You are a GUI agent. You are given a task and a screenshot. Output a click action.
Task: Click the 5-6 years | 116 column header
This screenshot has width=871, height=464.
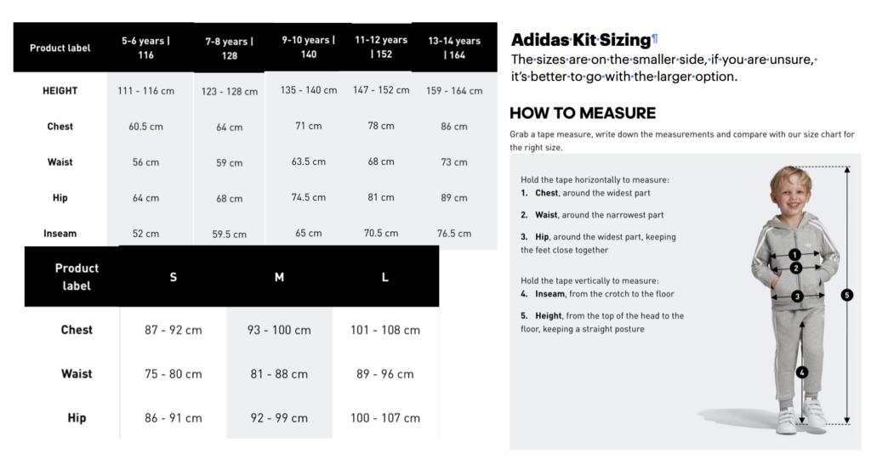(x=145, y=48)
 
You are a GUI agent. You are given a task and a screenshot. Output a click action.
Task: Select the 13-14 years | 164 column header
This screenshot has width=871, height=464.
(x=454, y=48)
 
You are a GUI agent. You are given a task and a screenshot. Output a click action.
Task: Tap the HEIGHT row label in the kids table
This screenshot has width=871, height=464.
(x=60, y=91)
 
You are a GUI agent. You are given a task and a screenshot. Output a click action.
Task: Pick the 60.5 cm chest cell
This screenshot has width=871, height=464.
(x=145, y=127)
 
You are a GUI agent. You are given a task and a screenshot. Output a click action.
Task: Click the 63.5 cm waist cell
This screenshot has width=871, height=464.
(x=308, y=161)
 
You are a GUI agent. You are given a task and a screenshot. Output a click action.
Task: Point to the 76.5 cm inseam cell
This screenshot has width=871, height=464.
(x=454, y=233)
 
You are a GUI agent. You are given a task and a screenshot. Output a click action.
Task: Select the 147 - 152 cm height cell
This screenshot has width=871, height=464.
(x=380, y=90)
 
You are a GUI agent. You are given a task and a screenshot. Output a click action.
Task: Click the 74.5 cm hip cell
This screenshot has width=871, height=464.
(x=308, y=197)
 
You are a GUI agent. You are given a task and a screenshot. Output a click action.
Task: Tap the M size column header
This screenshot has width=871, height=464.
(x=279, y=277)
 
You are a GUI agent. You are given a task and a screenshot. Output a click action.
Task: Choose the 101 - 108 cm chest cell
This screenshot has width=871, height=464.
(x=385, y=330)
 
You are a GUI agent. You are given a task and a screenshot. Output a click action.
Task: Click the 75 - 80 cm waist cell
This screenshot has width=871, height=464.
(x=174, y=374)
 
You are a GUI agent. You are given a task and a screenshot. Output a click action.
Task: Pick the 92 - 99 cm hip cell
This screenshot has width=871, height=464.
(x=279, y=418)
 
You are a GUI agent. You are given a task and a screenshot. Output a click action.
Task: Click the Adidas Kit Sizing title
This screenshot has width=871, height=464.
(x=580, y=40)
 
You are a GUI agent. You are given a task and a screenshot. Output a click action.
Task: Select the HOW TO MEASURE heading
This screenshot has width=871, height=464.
(x=583, y=113)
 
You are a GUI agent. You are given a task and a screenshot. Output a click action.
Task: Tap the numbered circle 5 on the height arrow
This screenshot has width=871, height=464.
(x=846, y=295)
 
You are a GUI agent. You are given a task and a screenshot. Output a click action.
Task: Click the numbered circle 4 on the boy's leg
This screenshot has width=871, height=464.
(x=801, y=371)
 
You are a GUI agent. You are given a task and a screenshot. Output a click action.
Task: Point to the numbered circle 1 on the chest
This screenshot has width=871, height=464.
(x=794, y=254)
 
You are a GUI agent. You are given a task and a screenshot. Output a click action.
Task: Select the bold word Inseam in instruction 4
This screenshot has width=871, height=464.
(x=549, y=294)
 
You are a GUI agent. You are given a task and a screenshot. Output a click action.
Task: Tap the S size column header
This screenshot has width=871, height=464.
(x=174, y=277)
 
